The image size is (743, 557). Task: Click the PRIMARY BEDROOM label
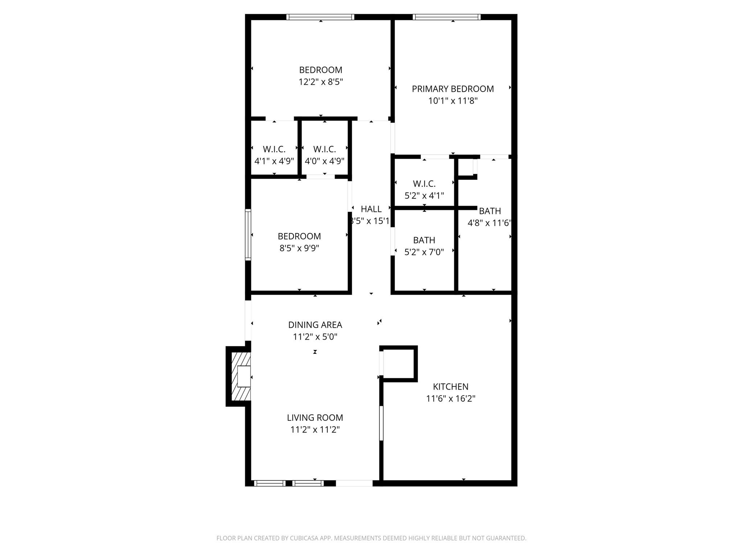tap(452, 89)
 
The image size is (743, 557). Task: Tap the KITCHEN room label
tap(451, 387)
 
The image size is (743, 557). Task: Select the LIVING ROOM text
tap(315, 418)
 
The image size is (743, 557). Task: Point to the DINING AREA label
tap(315, 325)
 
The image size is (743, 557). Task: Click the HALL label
tap(371, 209)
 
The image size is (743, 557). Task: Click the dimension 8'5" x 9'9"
tap(299, 249)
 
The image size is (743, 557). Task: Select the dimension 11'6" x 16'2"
tap(451, 399)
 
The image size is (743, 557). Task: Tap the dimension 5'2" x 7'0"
tap(424, 252)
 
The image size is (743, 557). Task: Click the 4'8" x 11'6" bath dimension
tap(489, 223)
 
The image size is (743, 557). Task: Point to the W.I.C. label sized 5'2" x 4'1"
tap(424, 184)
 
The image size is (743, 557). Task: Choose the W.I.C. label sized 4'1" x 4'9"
tap(274, 149)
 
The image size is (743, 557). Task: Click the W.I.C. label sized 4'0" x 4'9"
tap(324, 149)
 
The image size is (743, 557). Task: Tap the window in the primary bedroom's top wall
tap(447, 17)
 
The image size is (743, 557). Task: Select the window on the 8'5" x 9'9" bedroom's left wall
tap(248, 234)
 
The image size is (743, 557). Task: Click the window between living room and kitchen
tap(381, 423)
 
